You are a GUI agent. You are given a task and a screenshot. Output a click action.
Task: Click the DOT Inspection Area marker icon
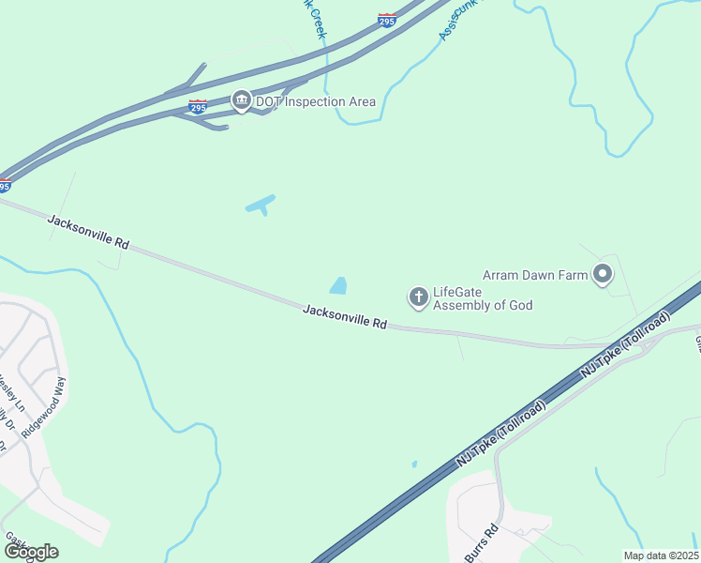(241, 101)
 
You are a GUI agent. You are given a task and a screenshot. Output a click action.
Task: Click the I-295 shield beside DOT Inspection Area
(198, 108)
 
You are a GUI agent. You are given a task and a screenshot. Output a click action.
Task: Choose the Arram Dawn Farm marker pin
(603, 275)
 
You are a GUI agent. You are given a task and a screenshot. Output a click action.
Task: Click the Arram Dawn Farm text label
(534, 275)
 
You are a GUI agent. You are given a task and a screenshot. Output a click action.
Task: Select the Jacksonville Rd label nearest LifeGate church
(345, 316)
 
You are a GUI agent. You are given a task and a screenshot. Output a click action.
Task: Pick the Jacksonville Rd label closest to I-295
(87, 231)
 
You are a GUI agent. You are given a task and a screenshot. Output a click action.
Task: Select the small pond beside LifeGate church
(338, 284)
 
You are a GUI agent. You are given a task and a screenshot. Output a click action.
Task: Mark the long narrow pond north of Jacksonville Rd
(261, 204)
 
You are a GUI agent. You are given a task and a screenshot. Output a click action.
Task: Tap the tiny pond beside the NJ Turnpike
(414, 464)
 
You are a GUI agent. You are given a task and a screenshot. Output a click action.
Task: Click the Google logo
(30, 552)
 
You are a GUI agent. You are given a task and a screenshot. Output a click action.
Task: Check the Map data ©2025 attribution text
(660, 555)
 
